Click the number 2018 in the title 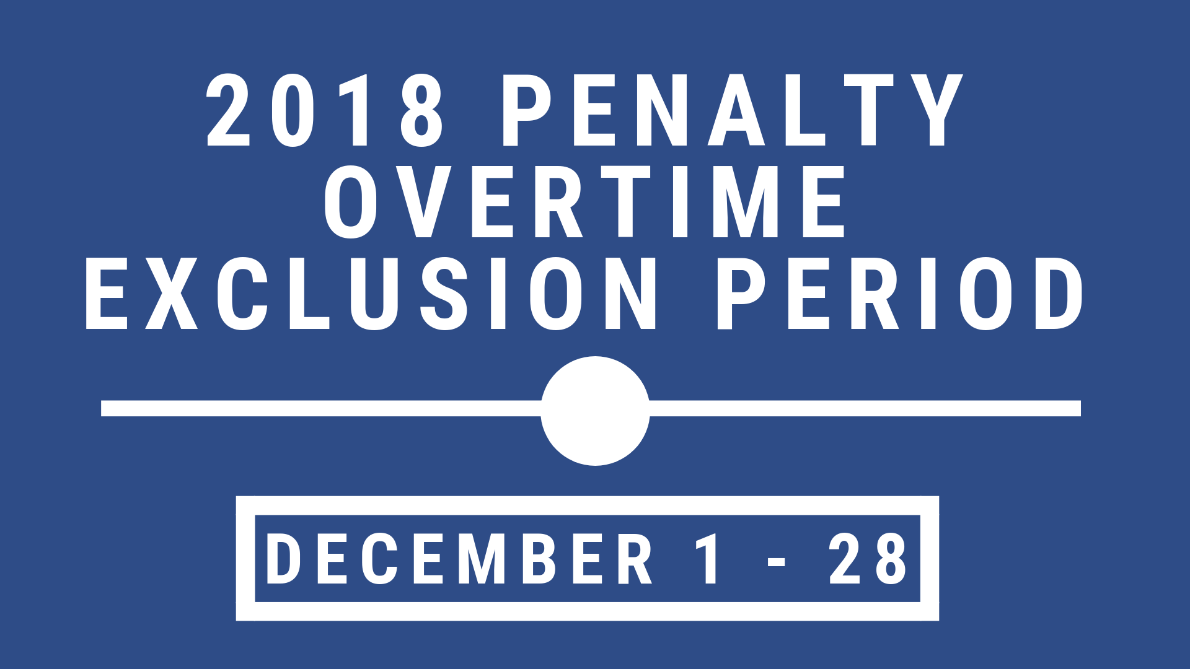coord(325,110)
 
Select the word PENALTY coord(733,110)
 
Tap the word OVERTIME coord(585,202)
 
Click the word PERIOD coord(900,293)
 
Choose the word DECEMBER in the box coord(459,559)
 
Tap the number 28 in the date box coord(868,559)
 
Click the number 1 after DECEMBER coord(708,559)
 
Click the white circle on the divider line coord(595,411)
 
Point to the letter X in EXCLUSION coord(172,293)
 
